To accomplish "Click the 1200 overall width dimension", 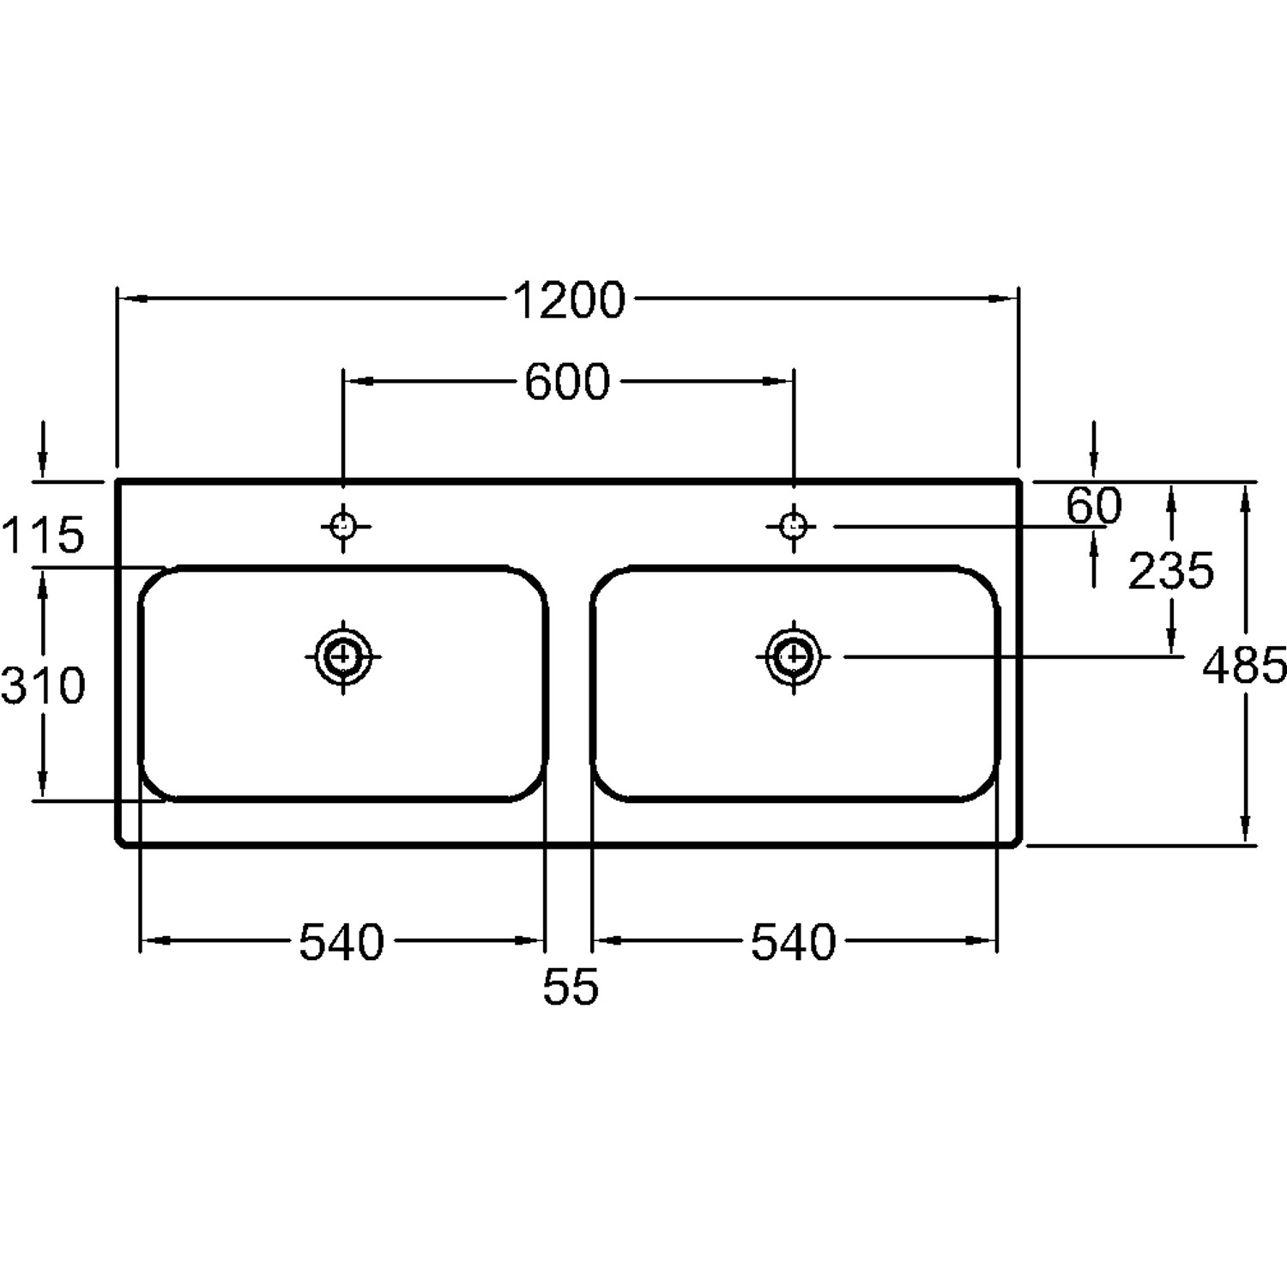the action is tap(570, 300).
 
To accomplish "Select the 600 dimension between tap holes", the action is tap(567, 382).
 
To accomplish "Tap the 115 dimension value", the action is tap(43, 535).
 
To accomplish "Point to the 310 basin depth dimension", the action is tap(43, 686).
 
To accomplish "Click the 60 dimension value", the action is tap(1094, 505).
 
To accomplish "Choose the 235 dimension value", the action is tap(1171, 571).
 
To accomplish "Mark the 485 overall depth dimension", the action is tap(1244, 665).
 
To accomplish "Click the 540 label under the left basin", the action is tap(341, 942).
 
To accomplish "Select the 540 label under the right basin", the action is tap(794, 942).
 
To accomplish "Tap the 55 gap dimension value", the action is tap(571, 988).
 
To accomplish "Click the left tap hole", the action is tap(343, 525).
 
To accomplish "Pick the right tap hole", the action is tap(794, 525).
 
